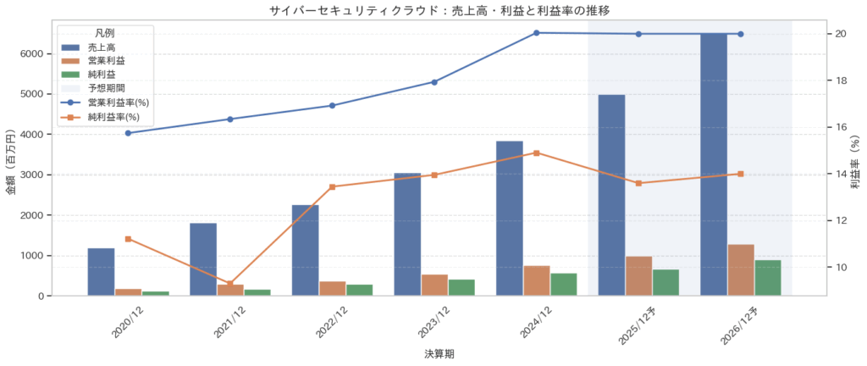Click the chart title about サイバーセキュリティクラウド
click(x=433, y=10)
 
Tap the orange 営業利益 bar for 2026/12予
click(x=741, y=270)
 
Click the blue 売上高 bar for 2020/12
click(x=101, y=272)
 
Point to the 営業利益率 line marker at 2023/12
click(x=434, y=82)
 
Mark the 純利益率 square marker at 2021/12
click(x=230, y=284)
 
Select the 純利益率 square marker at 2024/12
click(x=537, y=153)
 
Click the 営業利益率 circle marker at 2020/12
click(x=128, y=133)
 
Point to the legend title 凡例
click(x=106, y=32)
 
